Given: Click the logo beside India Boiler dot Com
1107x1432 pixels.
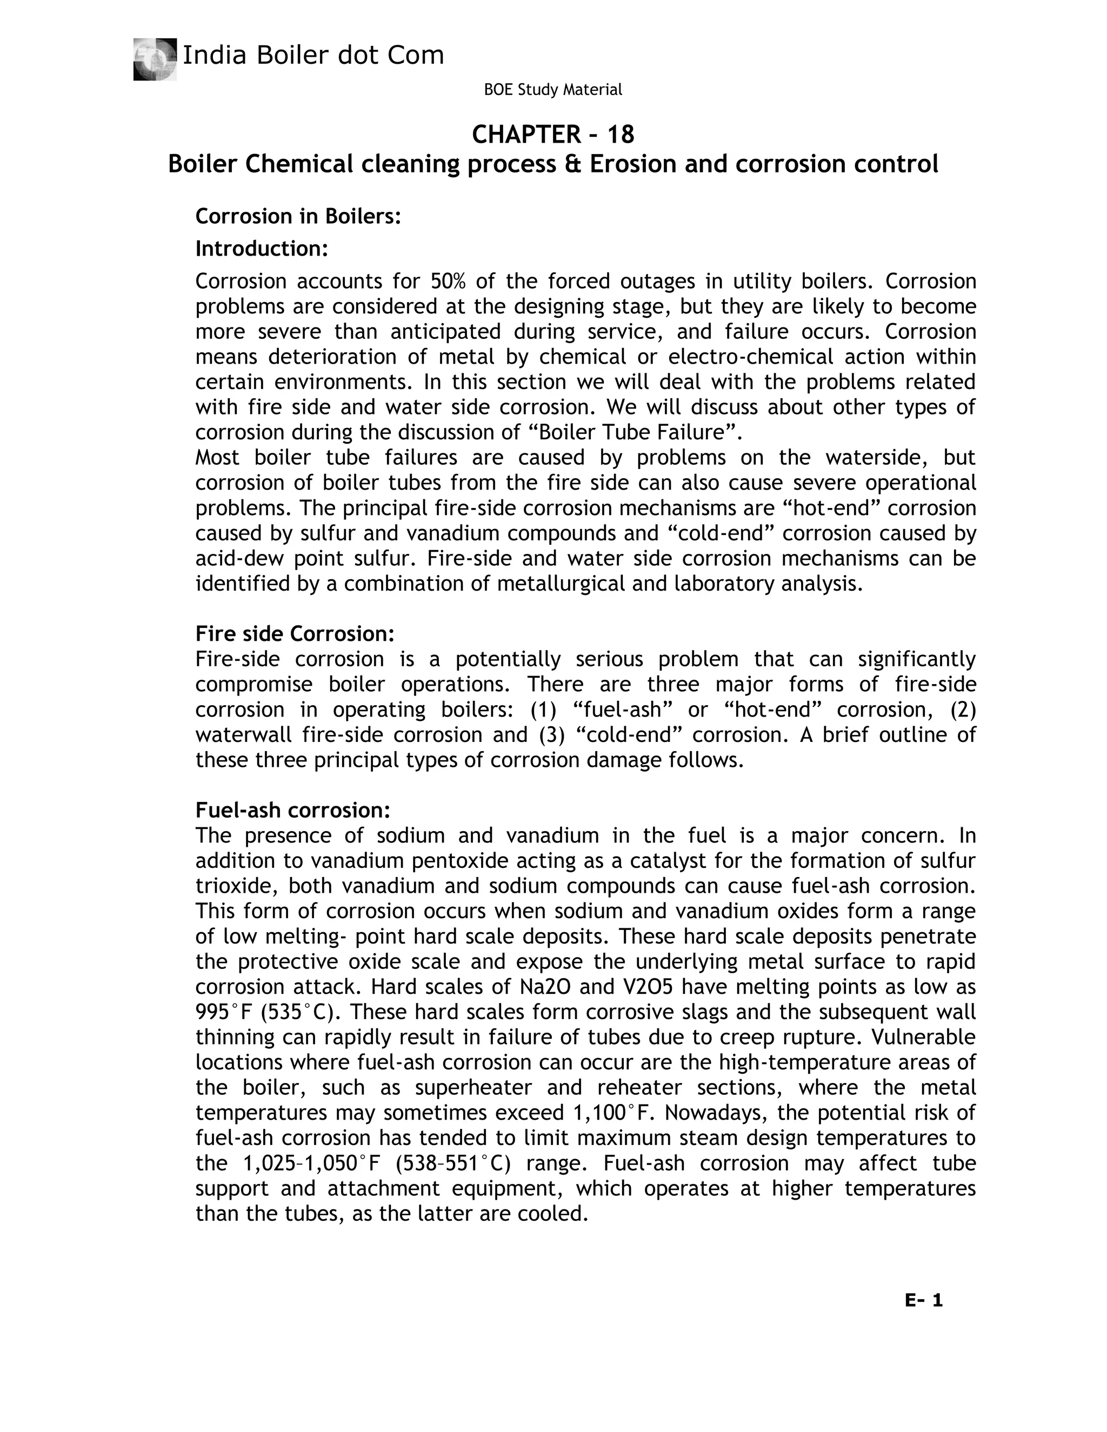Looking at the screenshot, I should [155, 59].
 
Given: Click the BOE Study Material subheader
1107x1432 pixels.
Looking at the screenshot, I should [552, 90].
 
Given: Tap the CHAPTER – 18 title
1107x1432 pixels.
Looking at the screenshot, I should [553, 135].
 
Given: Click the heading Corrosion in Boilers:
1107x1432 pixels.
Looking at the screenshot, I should [298, 216].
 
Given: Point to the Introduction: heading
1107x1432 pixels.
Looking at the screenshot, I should [261, 249].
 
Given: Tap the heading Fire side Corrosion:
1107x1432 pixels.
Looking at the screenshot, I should [295, 633].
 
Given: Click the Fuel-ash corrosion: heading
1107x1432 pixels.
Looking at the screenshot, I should [292, 811].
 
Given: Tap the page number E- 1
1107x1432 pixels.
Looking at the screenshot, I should [923, 1300].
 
